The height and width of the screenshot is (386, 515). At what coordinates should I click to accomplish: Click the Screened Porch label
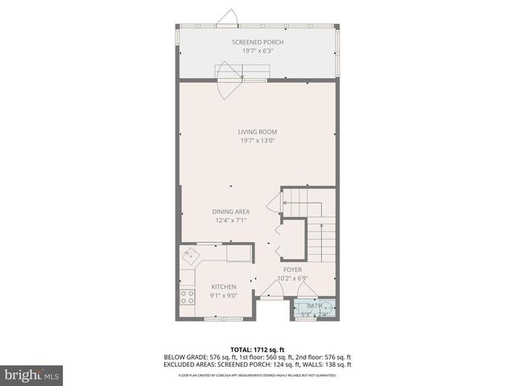pyautogui.click(x=257, y=42)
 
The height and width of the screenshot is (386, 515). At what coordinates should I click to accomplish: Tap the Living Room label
pyautogui.click(x=257, y=132)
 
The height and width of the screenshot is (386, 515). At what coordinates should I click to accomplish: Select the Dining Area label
pyautogui.click(x=230, y=211)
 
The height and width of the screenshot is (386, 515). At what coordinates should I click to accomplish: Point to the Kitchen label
pyautogui.click(x=224, y=287)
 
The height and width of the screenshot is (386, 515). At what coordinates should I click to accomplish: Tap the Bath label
pyautogui.click(x=314, y=306)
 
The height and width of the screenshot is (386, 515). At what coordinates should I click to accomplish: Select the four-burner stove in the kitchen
pyautogui.click(x=187, y=300)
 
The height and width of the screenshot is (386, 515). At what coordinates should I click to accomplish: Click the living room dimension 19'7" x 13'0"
pyautogui.click(x=257, y=141)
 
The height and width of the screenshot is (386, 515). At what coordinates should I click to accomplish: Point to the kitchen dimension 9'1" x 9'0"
pyautogui.click(x=224, y=296)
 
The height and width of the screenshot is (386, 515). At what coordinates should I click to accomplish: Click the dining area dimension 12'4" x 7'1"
pyautogui.click(x=230, y=220)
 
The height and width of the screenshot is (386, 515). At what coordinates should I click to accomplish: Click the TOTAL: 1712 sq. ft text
pyautogui.click(x=257, y=349)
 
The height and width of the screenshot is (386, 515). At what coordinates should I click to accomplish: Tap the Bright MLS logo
pyautogui.click(x=31, y=375)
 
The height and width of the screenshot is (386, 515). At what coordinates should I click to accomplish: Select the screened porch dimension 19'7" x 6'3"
pyautogui.click(x=257, y=51)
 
